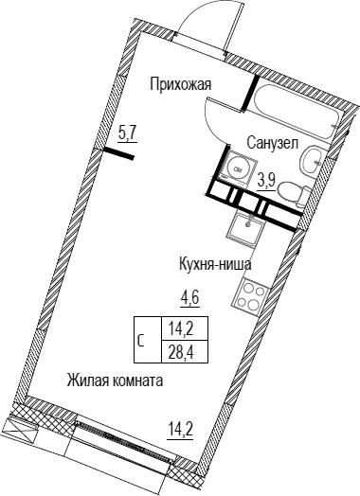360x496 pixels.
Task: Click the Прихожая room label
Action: pos(181,85)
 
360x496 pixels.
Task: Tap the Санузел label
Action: pos(272,143)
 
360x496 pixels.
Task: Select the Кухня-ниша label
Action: pos(215,264)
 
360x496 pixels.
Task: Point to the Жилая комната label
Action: pos(115,381)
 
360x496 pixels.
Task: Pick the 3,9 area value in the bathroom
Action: pos(267,184)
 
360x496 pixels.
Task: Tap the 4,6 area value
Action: pos(191,298)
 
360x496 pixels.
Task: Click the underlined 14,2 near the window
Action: pos(181,431)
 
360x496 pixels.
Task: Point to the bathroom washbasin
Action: pos(312,160)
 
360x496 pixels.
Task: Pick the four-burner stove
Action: pos(251,294)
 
